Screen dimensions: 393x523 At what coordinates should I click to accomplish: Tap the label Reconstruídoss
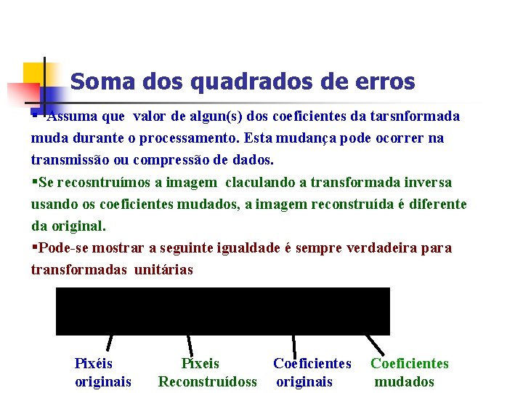click(208, 381)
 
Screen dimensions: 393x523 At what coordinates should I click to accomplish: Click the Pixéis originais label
click(102, 372)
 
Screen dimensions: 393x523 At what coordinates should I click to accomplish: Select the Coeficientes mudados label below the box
click(409, 372)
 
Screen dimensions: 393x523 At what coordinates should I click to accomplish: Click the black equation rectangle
click(223, 311)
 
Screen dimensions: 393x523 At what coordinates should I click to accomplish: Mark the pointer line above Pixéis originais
click(111, 344)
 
